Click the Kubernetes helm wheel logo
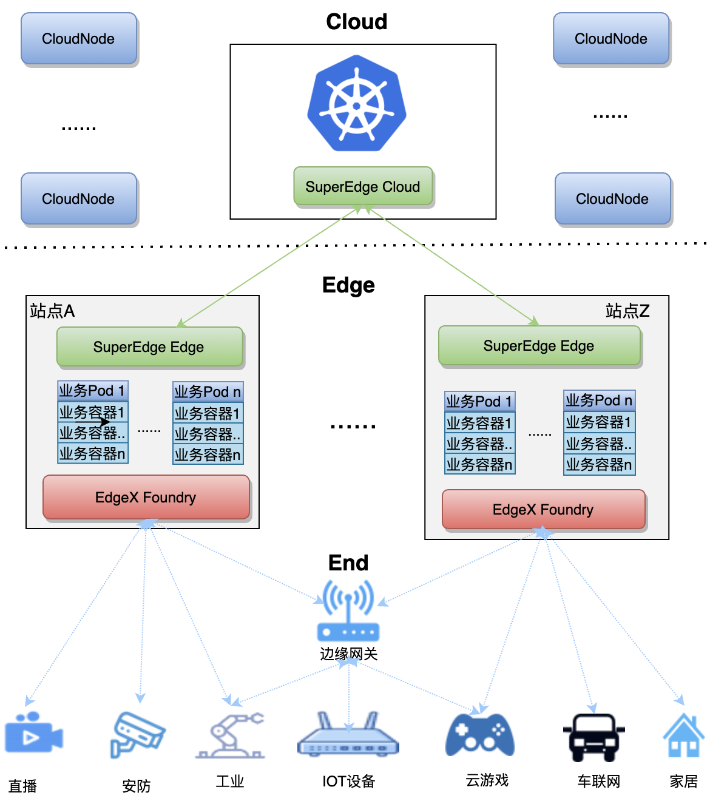pyautogui.click(x=357, y=104)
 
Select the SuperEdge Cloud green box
pyautogui.click(x=363, y=186)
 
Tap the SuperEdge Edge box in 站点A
pyautogui.click(x=149, y=346)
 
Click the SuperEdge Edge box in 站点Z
pyautogui.click(x=539, y=345)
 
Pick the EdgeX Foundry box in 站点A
pyautogui.click(x=146, y=497)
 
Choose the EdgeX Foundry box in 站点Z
pyautogui.click(x=543, y=509)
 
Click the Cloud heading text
pyautogui.click(x=357, y=22)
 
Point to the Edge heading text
pyautogui.click(x=348, y=285)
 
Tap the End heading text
pyautogui.click(x=348, y=563)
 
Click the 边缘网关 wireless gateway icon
pyautogui.click(x=348, y=610)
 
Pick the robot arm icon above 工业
pyautogui.click(x=231, y=735)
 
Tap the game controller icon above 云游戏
pyautogui.click(x=480, y=735)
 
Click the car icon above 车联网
pyautogui.click(x=594, y=736)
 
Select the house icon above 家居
pyautogui.click(x=683, y=735)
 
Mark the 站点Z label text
pyautogui.click(x=627, y=311)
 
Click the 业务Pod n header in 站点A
pyautogui.click(x=208, y=391)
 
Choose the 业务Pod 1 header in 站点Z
pyautogui.click(x=479, y=401)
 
